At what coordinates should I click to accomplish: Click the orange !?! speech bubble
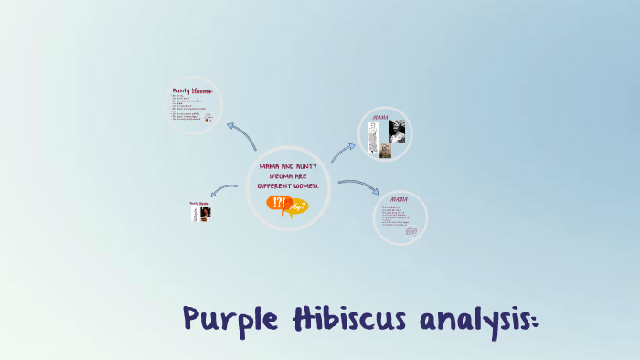point(278,204)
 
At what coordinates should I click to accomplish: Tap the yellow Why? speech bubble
point(298,208)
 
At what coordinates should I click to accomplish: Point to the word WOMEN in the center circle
point(306,185)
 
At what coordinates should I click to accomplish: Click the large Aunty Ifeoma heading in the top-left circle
point(192,90)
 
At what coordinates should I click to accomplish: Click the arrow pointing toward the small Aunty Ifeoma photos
point(223,190)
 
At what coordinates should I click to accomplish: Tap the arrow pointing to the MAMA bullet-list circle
point(358,185)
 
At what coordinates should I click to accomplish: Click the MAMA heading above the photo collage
point(381,118)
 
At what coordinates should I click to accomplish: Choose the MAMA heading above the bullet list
point(399,198)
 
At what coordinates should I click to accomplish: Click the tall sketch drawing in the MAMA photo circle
point(372,140)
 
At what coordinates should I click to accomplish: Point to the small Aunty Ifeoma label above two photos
point(199,203)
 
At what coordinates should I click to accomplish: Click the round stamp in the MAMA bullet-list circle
point(411,231)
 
